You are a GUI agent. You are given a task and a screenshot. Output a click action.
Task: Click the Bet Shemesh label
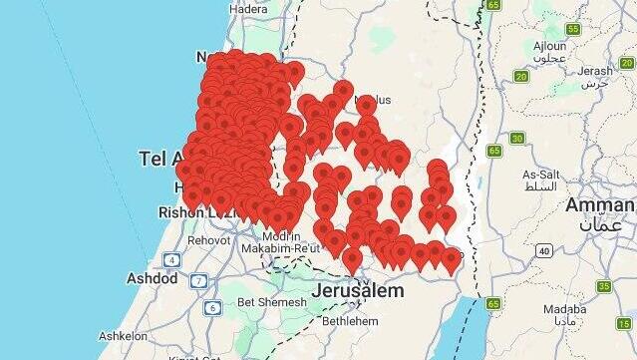pos(266,302)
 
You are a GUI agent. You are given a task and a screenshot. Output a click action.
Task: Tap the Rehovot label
pos(208,240)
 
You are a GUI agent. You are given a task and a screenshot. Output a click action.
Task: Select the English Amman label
pos(599,204)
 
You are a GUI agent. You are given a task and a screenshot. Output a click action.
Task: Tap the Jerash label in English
pos(595,71)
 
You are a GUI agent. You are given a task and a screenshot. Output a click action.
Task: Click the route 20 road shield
pos(520,76)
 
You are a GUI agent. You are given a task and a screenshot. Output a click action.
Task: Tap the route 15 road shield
pos(604,286)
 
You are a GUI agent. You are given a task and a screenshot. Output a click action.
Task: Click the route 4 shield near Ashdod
pos(172,259)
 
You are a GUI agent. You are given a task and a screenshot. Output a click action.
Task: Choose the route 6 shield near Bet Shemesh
pos(212,307)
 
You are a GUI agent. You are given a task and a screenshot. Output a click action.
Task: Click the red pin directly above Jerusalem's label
pos(352,259)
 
